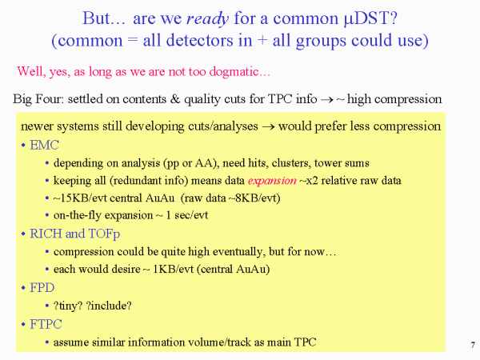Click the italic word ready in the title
click(x=207, y=19)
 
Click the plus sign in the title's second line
click(x=262, y=41)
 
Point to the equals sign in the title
click(x=133, y=41)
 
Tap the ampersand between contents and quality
click(x=175, y=99)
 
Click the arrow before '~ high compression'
click(x=326, y=100)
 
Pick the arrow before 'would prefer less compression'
click(x=268, y=126)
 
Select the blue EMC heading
click(x=44, y=145)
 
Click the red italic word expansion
click(x=272, y=181)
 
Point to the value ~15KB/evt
click(x=80, y=198)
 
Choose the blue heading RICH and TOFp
click(x=74, y=234)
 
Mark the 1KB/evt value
click(x=174, y=269)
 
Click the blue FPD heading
click(x=42, y=288)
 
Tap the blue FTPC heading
click(x=46, y=324)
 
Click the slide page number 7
click(x=473, y=345)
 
